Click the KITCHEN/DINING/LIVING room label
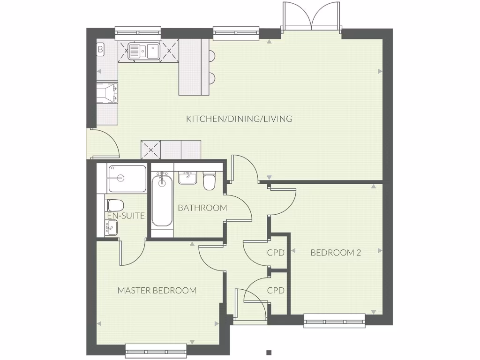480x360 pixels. tap(239, 119)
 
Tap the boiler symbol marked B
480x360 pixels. tap(100, 49)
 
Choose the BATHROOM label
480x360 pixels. tap(202, 208)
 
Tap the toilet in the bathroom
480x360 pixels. tap(209, 181)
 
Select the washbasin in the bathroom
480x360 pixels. tap(187, 178)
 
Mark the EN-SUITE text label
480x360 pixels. tap(126, 216)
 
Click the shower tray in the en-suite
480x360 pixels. tap(127, 179)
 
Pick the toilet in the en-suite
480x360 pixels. tap(114, 205)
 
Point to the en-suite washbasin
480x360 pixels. tap(111, 228)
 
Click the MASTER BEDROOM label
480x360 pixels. tap(157, 291)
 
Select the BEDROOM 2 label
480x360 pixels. tap(336, 253)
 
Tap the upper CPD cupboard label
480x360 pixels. tap(276, 253)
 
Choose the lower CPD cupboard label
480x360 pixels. tap(276, 291)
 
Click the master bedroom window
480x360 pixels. tap(156, 351)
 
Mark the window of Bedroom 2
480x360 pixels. tap(334, 320)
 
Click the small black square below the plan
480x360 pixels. tap(269, 352)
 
